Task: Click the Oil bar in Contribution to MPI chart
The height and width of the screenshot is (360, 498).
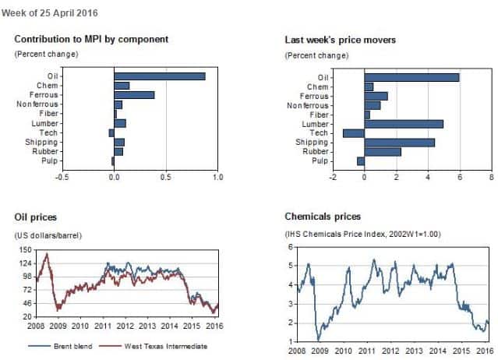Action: [x=160, y=76]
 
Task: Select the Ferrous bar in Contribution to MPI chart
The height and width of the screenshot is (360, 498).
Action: [x=134, y=95]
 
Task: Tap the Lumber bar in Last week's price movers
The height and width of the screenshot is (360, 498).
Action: [x=404, y=123]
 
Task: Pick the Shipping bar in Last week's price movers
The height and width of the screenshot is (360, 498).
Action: [x=400, y=142]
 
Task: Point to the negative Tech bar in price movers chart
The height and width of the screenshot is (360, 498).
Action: [x=354, y=132]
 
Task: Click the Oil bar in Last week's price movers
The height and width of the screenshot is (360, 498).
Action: [x=411, y=76]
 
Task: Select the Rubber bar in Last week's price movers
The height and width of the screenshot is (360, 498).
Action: [x=383, y=151]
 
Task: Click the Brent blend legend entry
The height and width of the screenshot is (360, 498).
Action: [x=57, y=346]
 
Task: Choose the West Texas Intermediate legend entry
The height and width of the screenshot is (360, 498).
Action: [x=161, y=346]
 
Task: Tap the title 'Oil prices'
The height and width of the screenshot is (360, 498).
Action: [x=36, y=216]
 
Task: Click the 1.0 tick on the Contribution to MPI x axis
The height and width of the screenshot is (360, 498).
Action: [x=217, y=178]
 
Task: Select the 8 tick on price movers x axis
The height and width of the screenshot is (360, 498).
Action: [x=491, y=178]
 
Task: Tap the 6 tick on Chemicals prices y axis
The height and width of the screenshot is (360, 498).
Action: [x=291, y=247]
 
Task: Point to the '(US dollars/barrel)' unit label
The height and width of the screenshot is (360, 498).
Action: [x=48, y=235]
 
